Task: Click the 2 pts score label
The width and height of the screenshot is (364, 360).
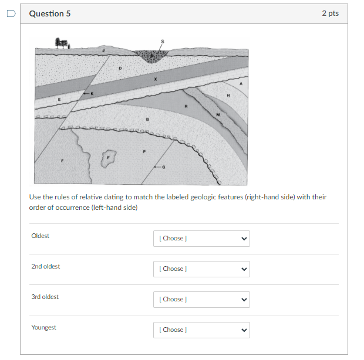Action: tap(330, 13)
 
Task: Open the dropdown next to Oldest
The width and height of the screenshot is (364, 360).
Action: tap(201, 239)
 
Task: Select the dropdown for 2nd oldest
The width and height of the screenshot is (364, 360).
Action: tap(201, 269)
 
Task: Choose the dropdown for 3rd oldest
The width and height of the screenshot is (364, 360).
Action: tap(201, 300)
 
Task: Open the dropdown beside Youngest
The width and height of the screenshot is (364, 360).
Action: tap(201, 330)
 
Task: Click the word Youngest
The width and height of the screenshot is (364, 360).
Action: tap(44, 327)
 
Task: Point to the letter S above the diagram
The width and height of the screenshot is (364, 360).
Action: tap(163, 41)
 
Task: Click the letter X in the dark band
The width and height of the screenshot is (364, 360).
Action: tap(156, 79)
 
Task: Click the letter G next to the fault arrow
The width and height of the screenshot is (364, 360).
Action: tap(164, 167)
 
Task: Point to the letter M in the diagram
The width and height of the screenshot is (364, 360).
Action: tap(218, 114)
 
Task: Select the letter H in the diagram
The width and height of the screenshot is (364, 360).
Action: tap(228, 94)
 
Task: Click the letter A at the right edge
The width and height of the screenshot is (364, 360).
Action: tap(240, 84)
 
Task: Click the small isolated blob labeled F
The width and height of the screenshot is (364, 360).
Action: tap(109, 157)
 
